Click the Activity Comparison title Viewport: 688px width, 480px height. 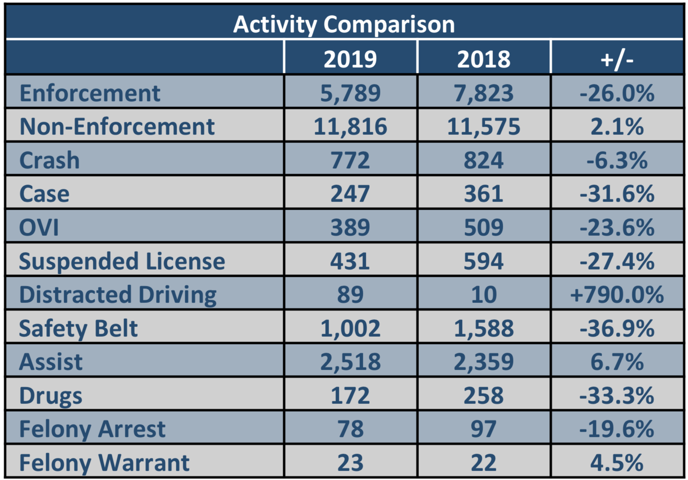[344, 24]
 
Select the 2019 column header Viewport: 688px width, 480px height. [350, 59]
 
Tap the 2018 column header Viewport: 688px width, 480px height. [483, 59]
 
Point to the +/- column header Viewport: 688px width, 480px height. [617, 59]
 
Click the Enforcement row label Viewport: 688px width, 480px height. [90, 93]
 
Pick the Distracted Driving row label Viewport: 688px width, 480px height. [118, 295]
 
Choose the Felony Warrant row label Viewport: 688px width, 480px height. [104, 462]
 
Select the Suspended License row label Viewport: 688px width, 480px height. [122, 261]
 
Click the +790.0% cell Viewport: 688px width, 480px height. [617, 295]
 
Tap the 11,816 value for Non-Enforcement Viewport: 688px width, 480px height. [350, 127]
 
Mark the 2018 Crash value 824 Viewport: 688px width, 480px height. [483, 160]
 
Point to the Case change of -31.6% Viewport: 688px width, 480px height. [617, 194]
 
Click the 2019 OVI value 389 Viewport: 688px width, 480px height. [350, 227]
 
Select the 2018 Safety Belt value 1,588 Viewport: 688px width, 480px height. [483, 328]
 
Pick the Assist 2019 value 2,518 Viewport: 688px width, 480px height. [350, 362]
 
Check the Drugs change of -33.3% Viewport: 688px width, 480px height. [617, 395]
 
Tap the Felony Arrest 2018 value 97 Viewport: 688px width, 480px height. [483, 429]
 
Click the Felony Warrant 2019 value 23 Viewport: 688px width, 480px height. [350, 462]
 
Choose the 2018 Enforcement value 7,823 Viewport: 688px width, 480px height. [483, 93]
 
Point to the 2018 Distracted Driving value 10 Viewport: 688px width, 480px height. [483, 295]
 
